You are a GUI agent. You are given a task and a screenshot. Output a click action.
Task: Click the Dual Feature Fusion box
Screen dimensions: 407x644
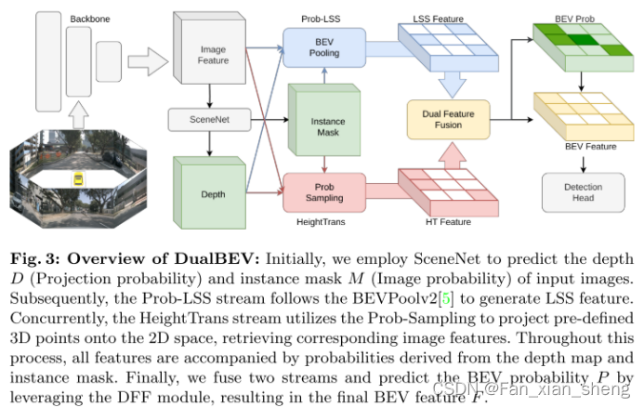(447, 120)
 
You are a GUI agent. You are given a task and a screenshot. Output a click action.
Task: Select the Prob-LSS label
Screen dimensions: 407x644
(321, 18)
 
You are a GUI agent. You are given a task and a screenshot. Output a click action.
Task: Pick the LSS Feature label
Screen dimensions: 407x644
(437, 19)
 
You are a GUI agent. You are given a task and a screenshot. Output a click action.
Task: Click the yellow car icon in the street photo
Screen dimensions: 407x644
(79, 177)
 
